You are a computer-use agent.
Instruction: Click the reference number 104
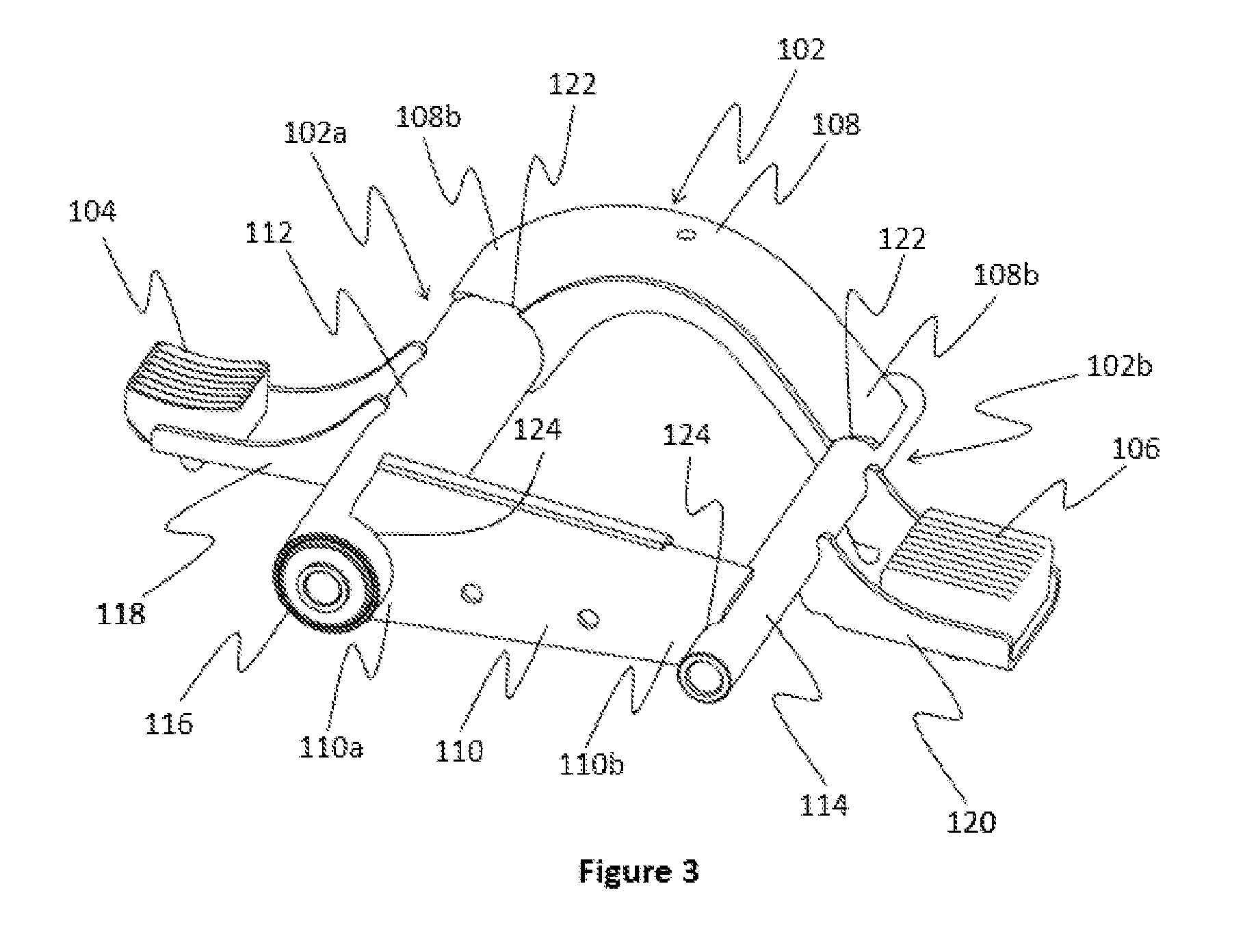pyautogui.click(x=92, y=213)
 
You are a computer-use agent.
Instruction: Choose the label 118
pyautogui.click(x=120, y=613)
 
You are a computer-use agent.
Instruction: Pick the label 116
pyautogui.click(x=169, y=723)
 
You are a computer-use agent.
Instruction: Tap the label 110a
pyautogui.click(x=331, y=747)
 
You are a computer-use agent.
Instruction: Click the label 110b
pyautogui.click(x=591, y=764)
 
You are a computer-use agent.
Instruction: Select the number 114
pyautogui.click(x=824, y=805)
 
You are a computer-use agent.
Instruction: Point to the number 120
pyautogui.click(x=971, y=820)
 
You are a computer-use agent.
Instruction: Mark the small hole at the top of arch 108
pyautogui.click(x=685, y=236)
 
